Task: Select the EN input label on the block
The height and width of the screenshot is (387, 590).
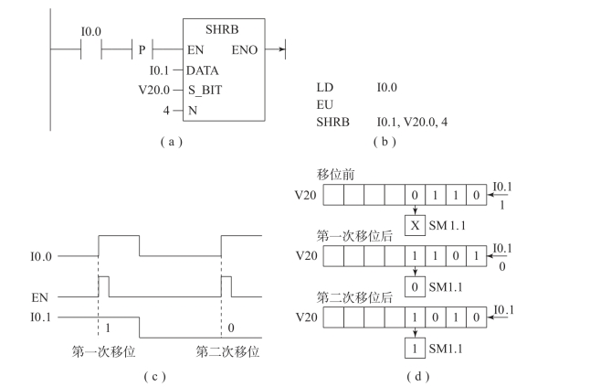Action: pyautogui.click(x=195, y=48)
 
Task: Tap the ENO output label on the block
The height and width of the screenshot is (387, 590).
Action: pyautogui.click(x=247, y=48)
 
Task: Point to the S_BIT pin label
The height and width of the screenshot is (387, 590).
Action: pyautogui.click(x=205, y=89)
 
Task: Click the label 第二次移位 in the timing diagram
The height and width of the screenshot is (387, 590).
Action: pyautogui.click(x=227, y=350)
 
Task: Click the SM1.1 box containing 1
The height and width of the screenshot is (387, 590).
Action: pyautogui.click(x=416, y=349)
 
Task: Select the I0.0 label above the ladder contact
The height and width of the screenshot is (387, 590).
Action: pyautogui.click(x=91, y=31)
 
